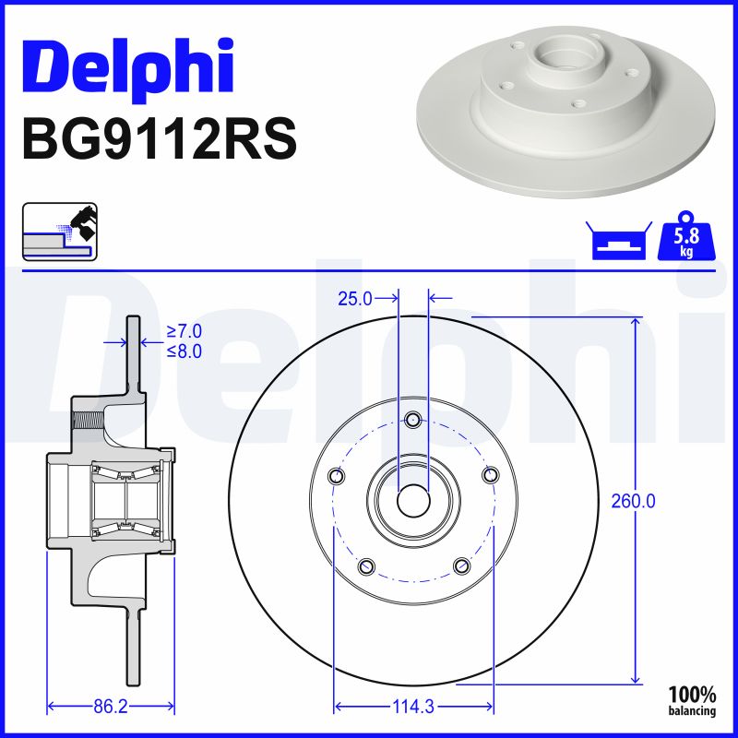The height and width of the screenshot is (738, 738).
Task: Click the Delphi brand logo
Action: (x=128, y=70)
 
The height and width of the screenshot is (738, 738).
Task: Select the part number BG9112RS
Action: (x=160, y=139)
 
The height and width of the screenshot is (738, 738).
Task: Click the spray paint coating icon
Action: (x=60, y=232)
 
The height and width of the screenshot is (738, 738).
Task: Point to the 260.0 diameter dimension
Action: (x=633, y=502)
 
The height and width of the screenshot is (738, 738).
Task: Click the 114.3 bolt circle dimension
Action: (x=413, y=707)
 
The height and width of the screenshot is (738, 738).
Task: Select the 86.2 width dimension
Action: (x=111, y=707)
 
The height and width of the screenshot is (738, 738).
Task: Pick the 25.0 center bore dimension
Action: (x=355, y=298)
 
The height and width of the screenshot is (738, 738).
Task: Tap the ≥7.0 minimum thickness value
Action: (x=184, y=331)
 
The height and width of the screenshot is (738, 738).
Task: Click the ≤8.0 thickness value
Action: (x=184, y=351)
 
